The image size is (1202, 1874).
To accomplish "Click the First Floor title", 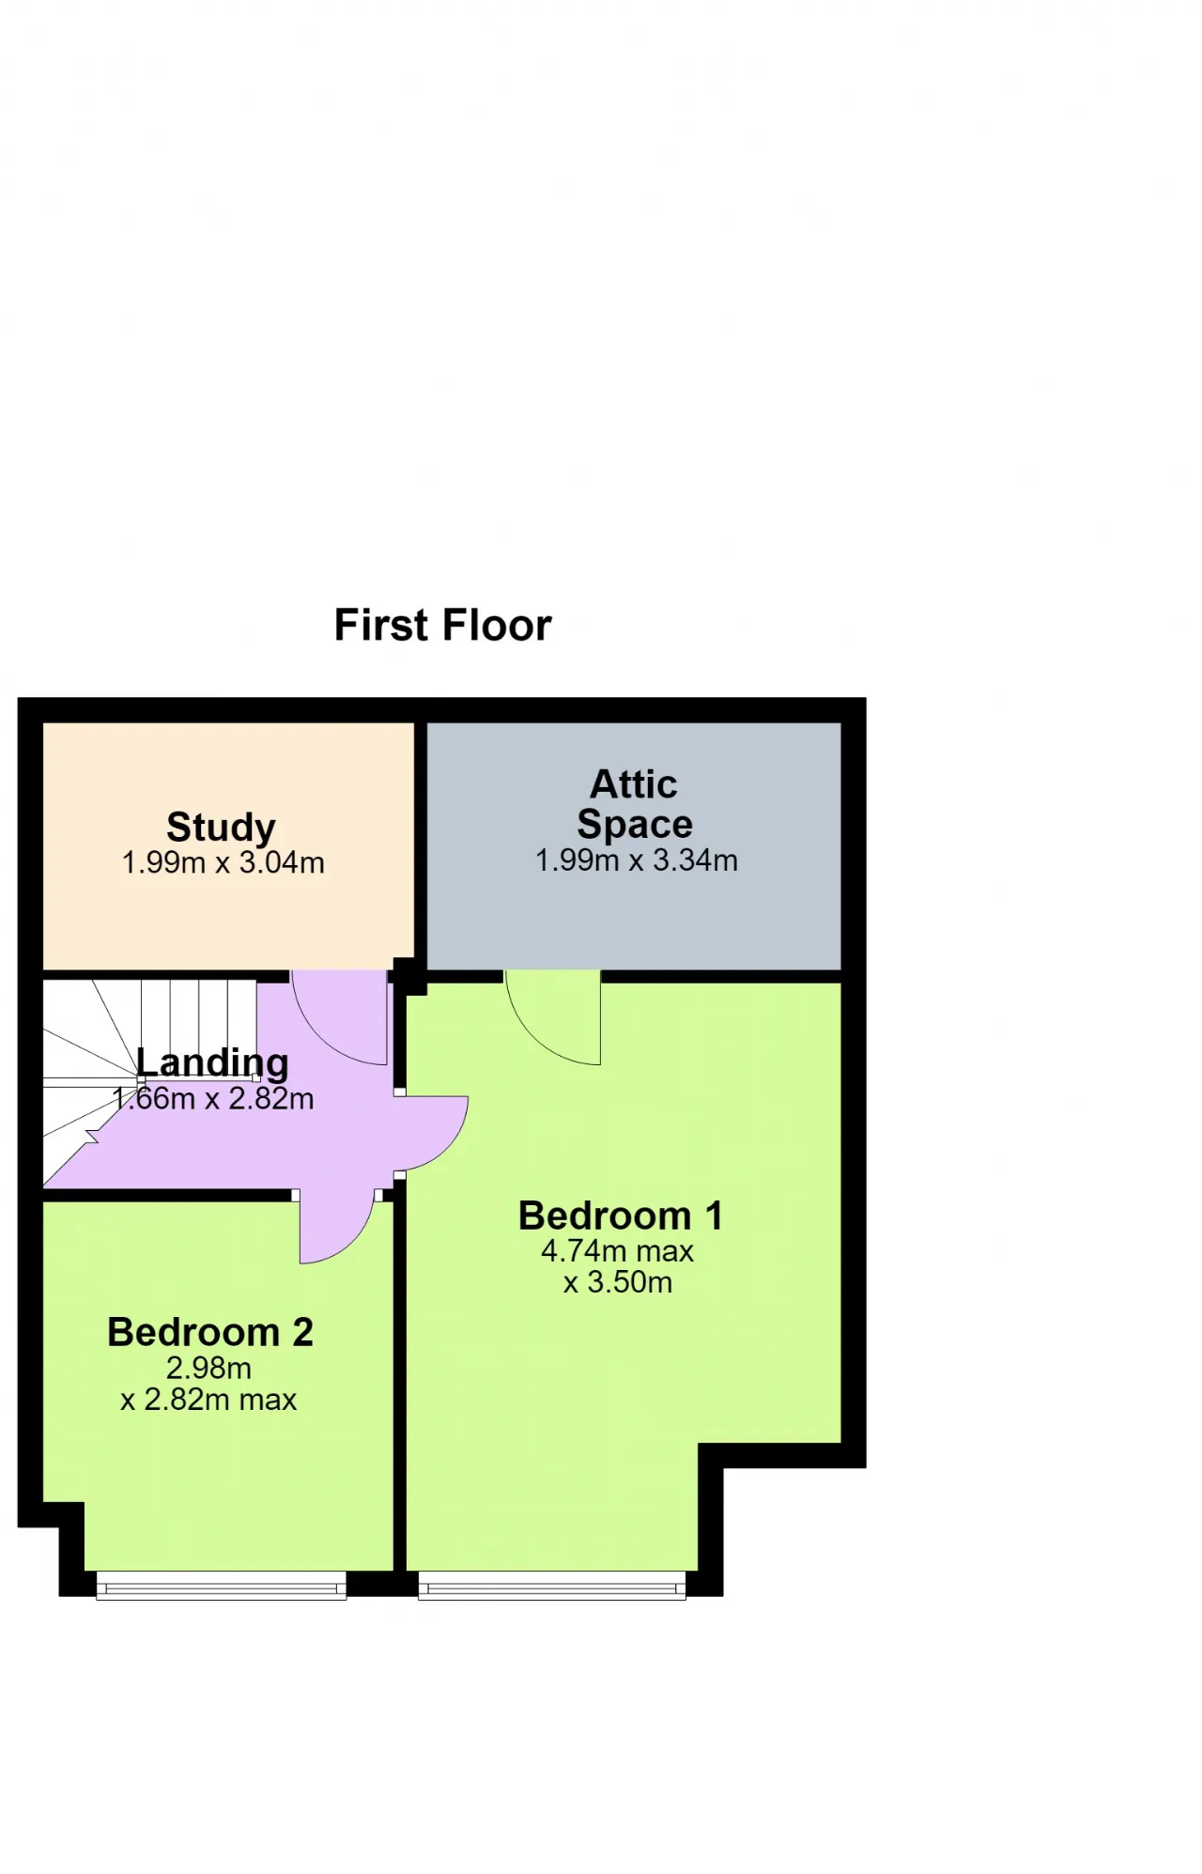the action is (442, 626).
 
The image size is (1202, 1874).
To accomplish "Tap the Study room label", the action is (221, 828).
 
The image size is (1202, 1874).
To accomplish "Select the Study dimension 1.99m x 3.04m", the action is (223, 862).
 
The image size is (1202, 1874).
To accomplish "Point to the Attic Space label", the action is (635, 804).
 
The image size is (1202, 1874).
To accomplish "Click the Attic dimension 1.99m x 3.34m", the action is (637, 860).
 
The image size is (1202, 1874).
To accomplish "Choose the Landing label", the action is (212, 1062).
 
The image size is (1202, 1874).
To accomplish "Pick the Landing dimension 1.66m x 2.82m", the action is (213, 1098).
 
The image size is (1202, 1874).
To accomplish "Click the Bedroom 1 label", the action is (621, 1216).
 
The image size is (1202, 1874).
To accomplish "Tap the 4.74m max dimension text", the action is (617, 1251).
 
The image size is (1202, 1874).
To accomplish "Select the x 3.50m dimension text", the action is (618, 1282).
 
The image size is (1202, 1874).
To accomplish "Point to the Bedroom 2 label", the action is (210, 1332).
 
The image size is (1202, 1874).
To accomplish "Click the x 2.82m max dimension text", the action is (208, 1400).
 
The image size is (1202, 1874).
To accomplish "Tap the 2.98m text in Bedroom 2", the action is (208, 1368).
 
